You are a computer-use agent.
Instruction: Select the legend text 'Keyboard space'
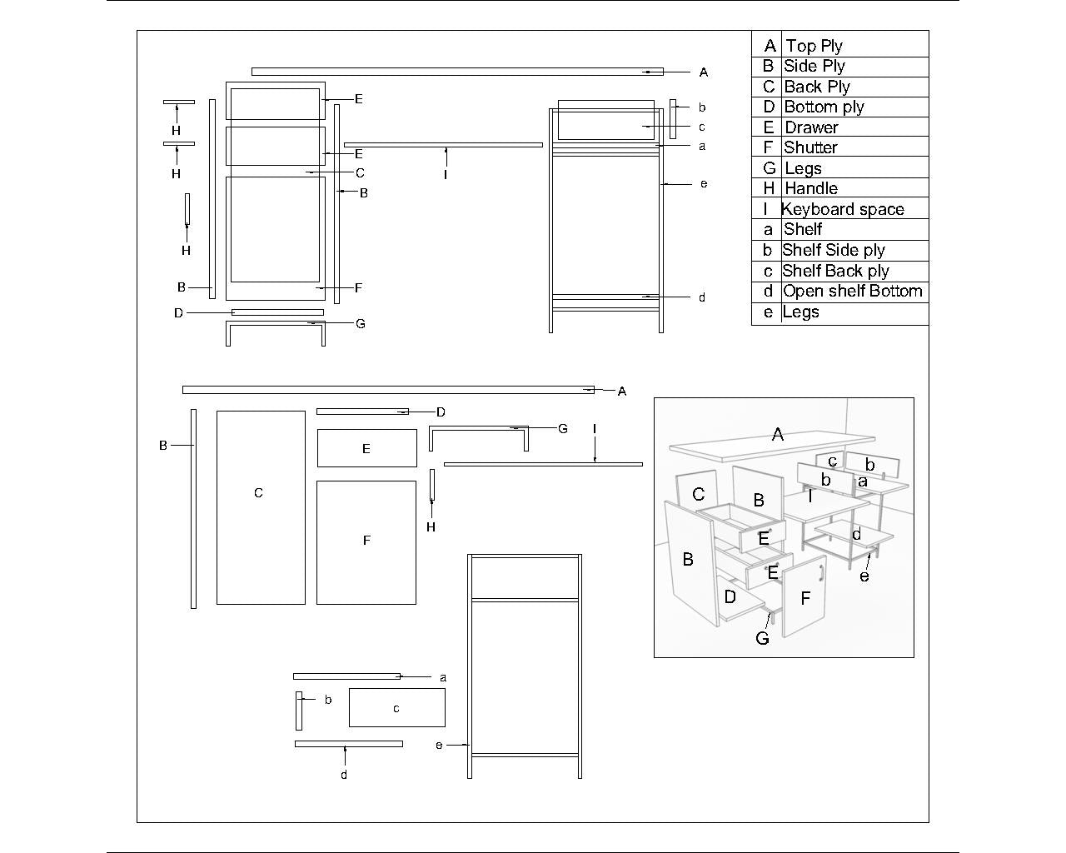pyautogui.click(x=843, y=209)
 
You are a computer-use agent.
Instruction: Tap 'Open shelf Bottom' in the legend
pyautogui.click(x=852, y=291)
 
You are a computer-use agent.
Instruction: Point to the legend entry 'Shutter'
pyautogui.click(x=810, y=147)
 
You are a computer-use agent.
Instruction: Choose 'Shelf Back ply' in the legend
pyautogui.click(x=835, y=271)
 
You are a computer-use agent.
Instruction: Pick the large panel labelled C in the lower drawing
pyautogui.click(x=260, y=506)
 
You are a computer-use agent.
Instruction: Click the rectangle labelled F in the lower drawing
pyautogui.click(x=366, y=541)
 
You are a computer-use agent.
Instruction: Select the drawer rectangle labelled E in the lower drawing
pyautogui.click(x=366, y=448)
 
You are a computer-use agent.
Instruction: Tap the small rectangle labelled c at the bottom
pyautogui.click(x=396, y=708)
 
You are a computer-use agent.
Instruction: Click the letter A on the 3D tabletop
pyautogui.click(x=778, y=434)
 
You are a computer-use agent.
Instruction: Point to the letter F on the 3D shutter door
pyautogui.click(x=805, y=598)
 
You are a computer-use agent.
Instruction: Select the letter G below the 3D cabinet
pyautogui.click(x=762, y=638)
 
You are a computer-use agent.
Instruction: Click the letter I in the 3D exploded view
pyautogui.click(x=810, y=496)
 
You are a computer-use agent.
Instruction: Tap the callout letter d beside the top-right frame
pyautogui.click(x=702, y=297)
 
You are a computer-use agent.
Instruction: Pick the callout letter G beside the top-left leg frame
pyautogui.click(x=361, y=323)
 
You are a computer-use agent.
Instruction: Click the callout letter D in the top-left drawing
pyautogui.click(x=178, y=313)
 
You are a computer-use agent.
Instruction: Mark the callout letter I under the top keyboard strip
pyautogui.click(x=446, y=175)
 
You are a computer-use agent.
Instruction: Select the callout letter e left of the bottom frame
pyautogui.click(x=439, y=745)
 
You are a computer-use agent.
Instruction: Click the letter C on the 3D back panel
pyautogui.click(x=699, y=495)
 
